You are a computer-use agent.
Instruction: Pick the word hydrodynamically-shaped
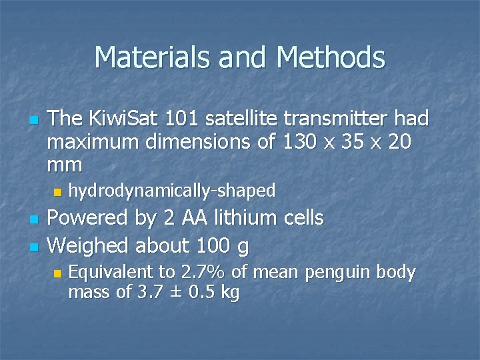172,191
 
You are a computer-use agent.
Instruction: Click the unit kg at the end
229,293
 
